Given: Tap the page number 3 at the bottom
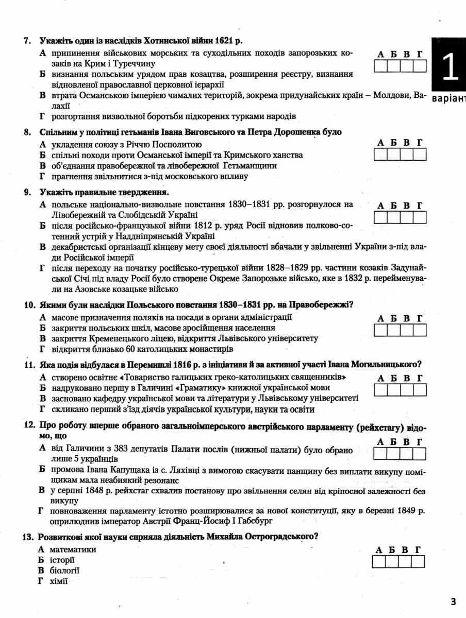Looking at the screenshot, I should point(453,602).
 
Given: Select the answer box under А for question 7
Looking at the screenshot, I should point(381,65).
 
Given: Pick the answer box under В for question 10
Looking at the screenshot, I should point(407,330).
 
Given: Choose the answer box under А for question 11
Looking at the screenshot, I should point(381,390).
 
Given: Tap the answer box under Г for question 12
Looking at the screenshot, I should point(420,453).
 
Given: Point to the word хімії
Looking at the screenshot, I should point(59,581).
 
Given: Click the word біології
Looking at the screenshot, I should point(65,571).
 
